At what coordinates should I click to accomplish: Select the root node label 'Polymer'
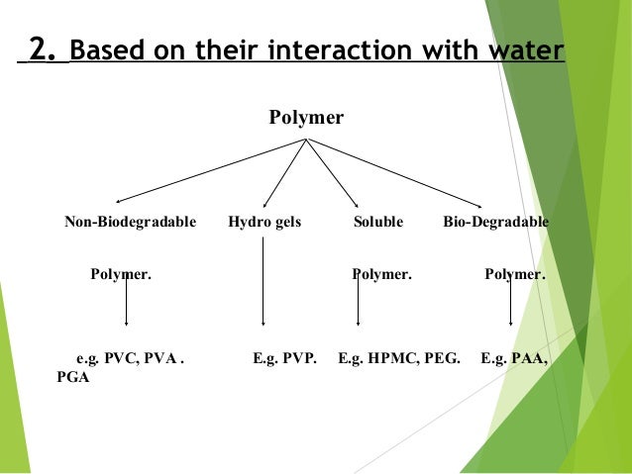tap(306, 119)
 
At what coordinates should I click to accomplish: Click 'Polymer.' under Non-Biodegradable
tap(121, 273)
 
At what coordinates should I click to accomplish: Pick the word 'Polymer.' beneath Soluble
tap(381, 273)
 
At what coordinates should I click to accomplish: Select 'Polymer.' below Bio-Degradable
tap(514, 273)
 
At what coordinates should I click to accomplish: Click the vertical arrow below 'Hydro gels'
tap(263, 282)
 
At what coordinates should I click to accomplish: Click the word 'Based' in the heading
tap(104, 50)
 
